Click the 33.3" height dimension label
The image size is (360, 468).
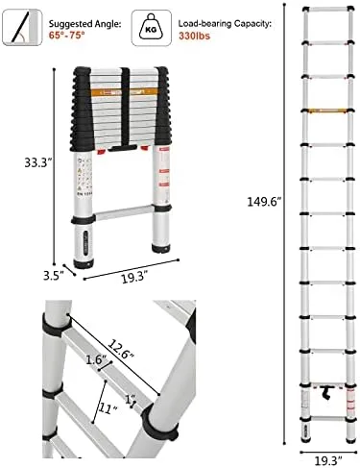(38, 162)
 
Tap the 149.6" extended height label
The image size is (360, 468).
(264, 202)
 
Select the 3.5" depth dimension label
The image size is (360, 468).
(54, 276)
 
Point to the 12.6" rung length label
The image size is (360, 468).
(120, 350)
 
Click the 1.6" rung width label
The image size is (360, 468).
(96, 359)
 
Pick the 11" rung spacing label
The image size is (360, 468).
(108, 408)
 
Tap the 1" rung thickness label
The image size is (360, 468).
(130, 400)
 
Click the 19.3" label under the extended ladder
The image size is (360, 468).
(328, 461)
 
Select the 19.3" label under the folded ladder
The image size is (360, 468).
(134, 277)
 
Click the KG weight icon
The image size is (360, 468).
(151, 28)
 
